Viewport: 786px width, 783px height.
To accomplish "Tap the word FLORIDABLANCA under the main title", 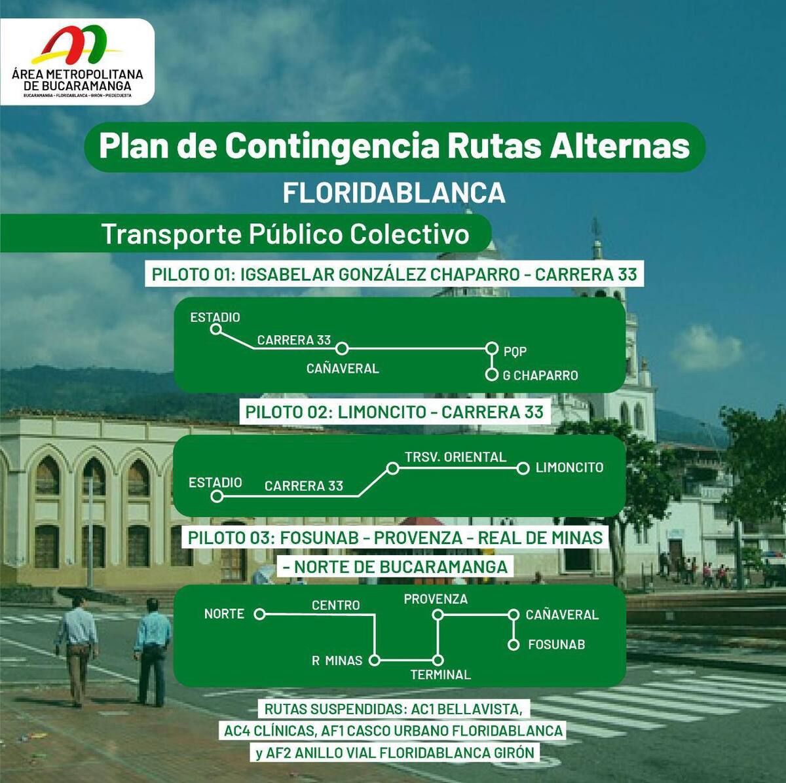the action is click(x=394, y=193).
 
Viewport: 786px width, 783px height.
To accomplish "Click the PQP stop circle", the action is click(x=493, y=349).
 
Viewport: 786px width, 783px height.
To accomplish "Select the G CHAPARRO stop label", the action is click(x=540, y=376).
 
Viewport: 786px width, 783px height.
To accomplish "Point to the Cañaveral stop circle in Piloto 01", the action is click(x=342, y=349).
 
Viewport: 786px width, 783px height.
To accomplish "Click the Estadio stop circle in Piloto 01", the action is click(x=215, y=329).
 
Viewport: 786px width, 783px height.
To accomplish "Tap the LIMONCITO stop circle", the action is click(x=523, y=469).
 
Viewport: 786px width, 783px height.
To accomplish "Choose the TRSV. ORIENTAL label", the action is click(x=456, y=457).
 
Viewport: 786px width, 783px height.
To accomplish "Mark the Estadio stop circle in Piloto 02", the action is click(x=217, y=497).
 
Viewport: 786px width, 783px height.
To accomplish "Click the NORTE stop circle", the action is click(x=259, y=615).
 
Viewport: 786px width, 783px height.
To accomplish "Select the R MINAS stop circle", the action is click(x=375, y=661).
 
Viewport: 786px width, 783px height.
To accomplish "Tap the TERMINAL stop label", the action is click(x=441, y=675).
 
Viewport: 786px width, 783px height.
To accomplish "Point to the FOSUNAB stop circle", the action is click(x=514, y=645).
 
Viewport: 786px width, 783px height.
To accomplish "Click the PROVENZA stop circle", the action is click(x=438, y=615).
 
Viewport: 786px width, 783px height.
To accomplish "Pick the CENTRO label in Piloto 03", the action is click(x=336, y=605).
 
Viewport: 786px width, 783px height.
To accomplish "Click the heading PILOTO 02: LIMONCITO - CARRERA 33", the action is click(x=394, y=412).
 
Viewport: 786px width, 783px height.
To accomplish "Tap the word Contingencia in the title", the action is click(x=332, y=146).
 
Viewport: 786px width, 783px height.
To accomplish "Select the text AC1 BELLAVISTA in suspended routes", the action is click(x=466, y=709).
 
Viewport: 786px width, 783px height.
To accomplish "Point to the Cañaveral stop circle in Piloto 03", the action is click(x=514, y=615).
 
